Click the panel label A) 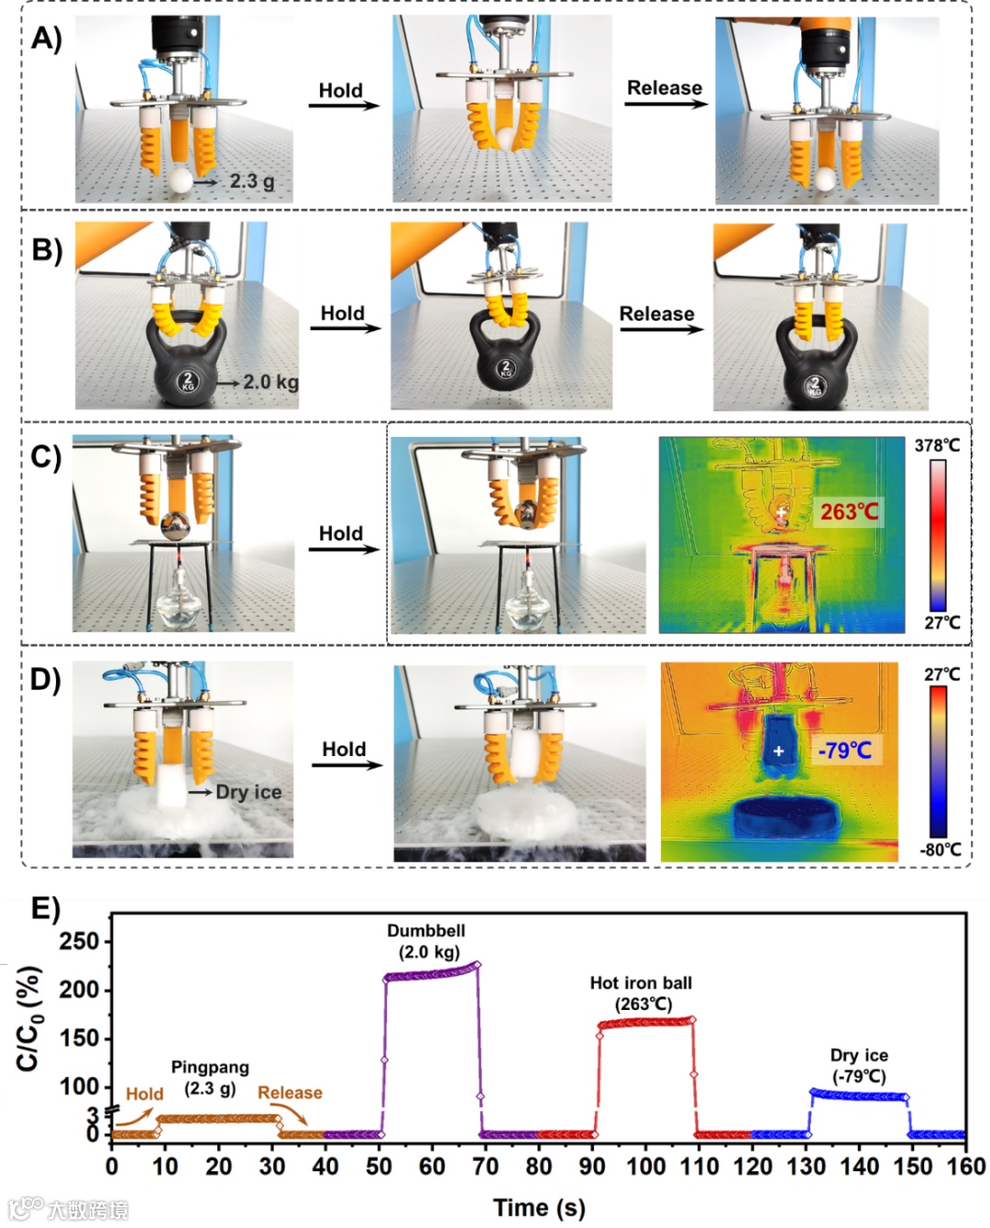click(46, 38)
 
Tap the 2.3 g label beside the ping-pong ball click(251, 181)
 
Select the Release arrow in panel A click(665, 102)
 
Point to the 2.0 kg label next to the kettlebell click(270, 381)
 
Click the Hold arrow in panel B click(345, 327)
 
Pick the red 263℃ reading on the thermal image click(848, 511)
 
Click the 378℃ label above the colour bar click(937, 445)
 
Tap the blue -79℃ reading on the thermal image click(844, 751)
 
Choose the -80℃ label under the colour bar click(940, 849)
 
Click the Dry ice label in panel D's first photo click(248, 792)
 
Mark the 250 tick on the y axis click(79, 941)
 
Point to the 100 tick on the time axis click(645, 1166)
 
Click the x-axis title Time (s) click(539, 1207)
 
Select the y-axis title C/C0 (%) click(28, 1017)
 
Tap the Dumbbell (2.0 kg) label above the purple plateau click(426, 941)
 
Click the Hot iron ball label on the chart click(641, 983)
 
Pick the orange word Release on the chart click(290, 1092)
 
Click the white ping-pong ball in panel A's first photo click(181, 181)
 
